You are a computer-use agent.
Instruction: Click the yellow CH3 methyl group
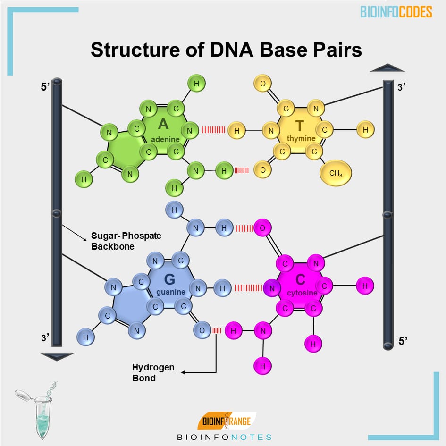336,173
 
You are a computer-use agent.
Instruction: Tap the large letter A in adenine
163,124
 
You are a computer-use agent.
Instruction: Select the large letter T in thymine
300,125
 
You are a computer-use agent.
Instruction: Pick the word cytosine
302,293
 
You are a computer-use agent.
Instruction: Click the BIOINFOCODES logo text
396,12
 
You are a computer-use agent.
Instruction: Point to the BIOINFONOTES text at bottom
224,437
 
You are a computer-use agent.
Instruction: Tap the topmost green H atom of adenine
196,84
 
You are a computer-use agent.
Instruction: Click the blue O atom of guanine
202,330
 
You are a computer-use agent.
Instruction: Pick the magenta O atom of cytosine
263,228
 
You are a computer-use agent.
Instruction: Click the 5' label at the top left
45,88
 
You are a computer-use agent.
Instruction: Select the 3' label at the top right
402,88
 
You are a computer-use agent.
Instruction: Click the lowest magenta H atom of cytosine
263,365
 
